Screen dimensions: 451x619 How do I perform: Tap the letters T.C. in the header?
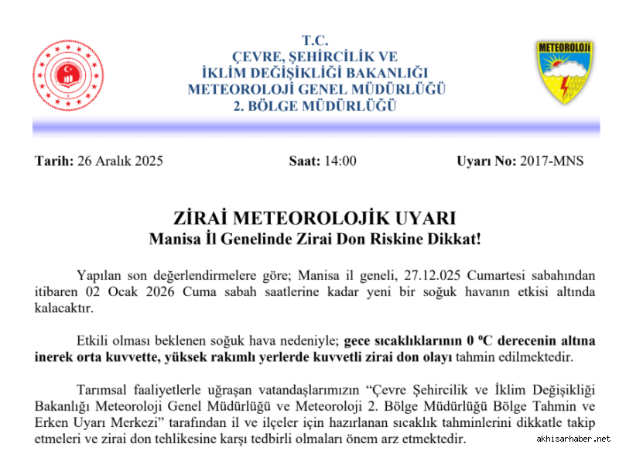(316, 40)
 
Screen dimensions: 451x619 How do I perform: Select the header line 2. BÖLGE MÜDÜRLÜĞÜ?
(316, 105)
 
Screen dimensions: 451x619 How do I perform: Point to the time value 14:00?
(340, 161)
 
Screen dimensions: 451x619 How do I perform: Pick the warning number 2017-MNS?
(552, 161)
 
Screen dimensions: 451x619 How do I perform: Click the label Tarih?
(55, 161)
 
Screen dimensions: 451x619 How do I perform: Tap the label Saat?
(305, 161)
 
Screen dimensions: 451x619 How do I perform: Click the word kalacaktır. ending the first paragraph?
(63, 308)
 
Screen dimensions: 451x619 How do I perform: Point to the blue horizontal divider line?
(316, 126)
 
